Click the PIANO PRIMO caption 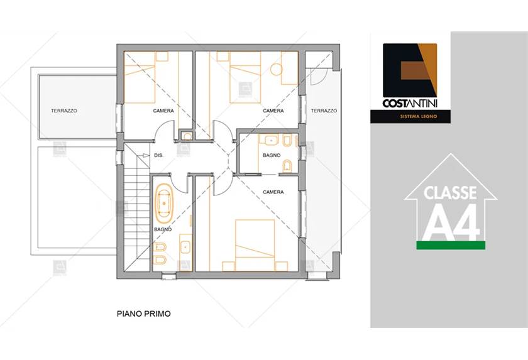[144, 314]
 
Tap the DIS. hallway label [158, 155]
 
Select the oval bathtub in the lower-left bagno [163, 204]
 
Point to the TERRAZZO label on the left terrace [64, 111]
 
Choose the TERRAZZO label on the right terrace [324, 111]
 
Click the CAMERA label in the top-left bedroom [163, 111]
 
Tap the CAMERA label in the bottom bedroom [273, 192]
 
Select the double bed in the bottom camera [255, 245]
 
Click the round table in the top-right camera [277, 70]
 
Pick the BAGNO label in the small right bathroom [272, 155]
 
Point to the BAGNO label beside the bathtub [163, 229]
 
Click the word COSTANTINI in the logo [410, 103]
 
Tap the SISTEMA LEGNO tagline [419, 116]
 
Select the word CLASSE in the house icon [450, 193]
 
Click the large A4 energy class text [451, 222]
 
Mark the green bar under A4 [451, 245]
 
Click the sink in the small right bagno [271, 140]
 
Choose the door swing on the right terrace [317, 77]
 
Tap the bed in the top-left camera [140, 82]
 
